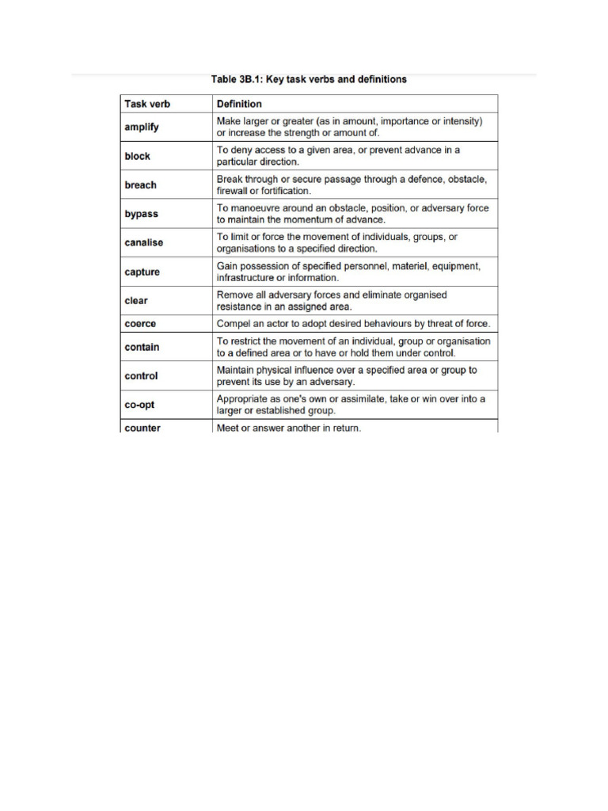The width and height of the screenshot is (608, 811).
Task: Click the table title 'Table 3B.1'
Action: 309,79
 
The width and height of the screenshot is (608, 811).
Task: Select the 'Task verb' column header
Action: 147,104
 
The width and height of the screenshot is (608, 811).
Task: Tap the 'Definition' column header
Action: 239,104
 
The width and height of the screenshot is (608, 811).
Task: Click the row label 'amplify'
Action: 142,127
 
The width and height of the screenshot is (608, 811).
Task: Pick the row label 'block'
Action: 137,156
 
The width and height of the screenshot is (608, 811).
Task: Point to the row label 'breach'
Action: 141,185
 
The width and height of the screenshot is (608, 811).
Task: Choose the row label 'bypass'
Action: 141,214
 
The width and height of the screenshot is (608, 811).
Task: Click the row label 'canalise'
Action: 144,242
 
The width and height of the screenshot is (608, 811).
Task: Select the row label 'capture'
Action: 142,272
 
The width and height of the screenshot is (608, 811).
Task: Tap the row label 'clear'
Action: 136,301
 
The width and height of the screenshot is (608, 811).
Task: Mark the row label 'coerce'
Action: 141,324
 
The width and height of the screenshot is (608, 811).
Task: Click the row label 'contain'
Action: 142,347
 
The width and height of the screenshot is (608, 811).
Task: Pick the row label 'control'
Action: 142,376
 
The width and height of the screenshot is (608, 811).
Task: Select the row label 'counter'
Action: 142,428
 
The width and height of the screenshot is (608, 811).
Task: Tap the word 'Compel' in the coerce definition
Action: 234,324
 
